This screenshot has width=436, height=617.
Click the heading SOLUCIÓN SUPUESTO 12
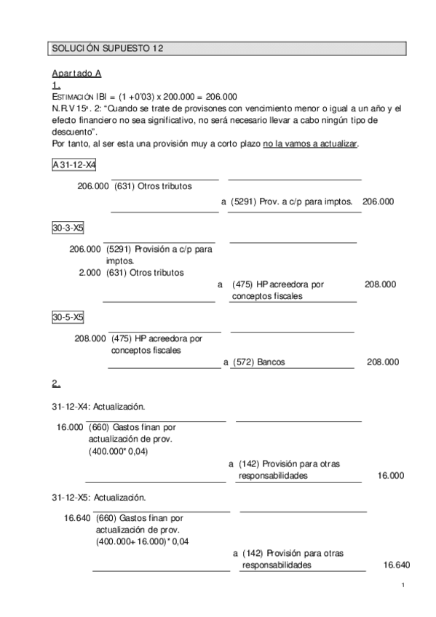click(107, 49)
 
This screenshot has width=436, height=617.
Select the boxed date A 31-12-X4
click(74, 165)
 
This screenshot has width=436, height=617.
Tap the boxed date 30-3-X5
click(68, 228)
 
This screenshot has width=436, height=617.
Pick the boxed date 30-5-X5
click(68, 317)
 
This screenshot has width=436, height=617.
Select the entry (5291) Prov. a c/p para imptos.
click(291, 201)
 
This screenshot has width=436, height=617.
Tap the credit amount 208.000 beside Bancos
click(383, 361)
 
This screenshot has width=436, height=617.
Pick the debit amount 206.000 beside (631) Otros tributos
click(93, 186)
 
